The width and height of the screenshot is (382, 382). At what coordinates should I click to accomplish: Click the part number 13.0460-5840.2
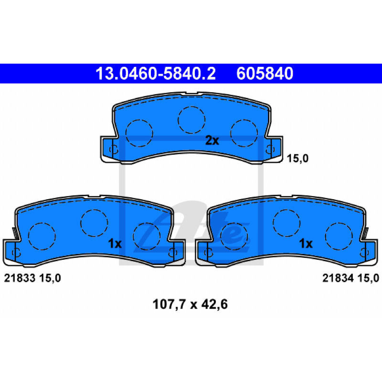coord(156,74)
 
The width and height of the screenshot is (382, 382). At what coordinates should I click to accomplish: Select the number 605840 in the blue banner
coord(265,74)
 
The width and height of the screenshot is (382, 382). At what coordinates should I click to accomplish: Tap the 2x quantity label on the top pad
coord(212,140)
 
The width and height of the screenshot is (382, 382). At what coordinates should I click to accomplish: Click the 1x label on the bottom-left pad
coord(115,244)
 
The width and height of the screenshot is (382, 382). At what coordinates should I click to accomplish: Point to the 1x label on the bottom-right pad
coord(306,244)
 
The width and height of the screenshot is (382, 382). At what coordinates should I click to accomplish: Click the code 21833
coord(20,278)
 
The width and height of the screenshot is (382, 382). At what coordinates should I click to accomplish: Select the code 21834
coord(338,278)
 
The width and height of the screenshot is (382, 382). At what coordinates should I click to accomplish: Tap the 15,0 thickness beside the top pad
coord(297,159)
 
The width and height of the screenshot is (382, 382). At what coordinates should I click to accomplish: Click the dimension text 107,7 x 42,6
coord(190,304)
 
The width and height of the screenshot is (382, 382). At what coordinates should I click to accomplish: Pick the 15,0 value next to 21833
coord(50,278)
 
